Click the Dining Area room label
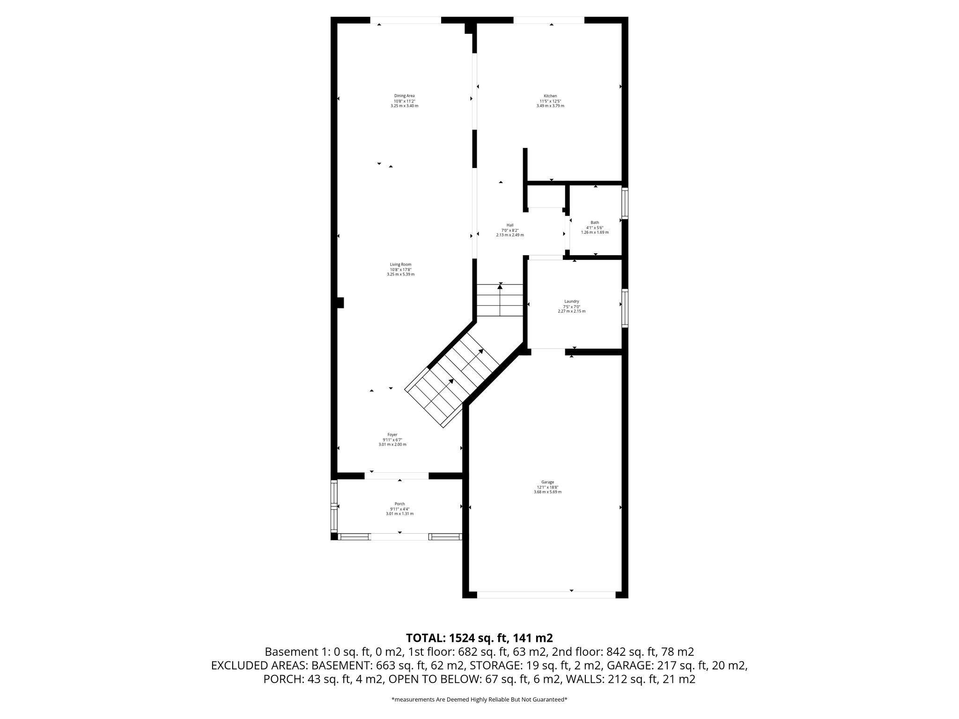tap(404, 96)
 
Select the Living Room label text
tap(400, 264)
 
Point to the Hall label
tap(510, 225)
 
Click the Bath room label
tap(595, 222)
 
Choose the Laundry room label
tap(571, 301)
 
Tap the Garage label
tap(547, 482)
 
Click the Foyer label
tap(392, 434)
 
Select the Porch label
tap(399, 504)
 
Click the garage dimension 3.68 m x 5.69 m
tap(547, 492)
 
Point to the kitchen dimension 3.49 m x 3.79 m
tap(550, 106)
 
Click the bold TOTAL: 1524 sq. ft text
tap(479, 638)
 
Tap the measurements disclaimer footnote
tap(479, 700)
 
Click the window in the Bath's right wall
tap(625, 203)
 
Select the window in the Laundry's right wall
tap(625, 308)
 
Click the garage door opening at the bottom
tap(546, 594)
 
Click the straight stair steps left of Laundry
tap(500, 301)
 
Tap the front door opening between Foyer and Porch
tap(397, 476)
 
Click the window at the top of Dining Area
tap(406, 20)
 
